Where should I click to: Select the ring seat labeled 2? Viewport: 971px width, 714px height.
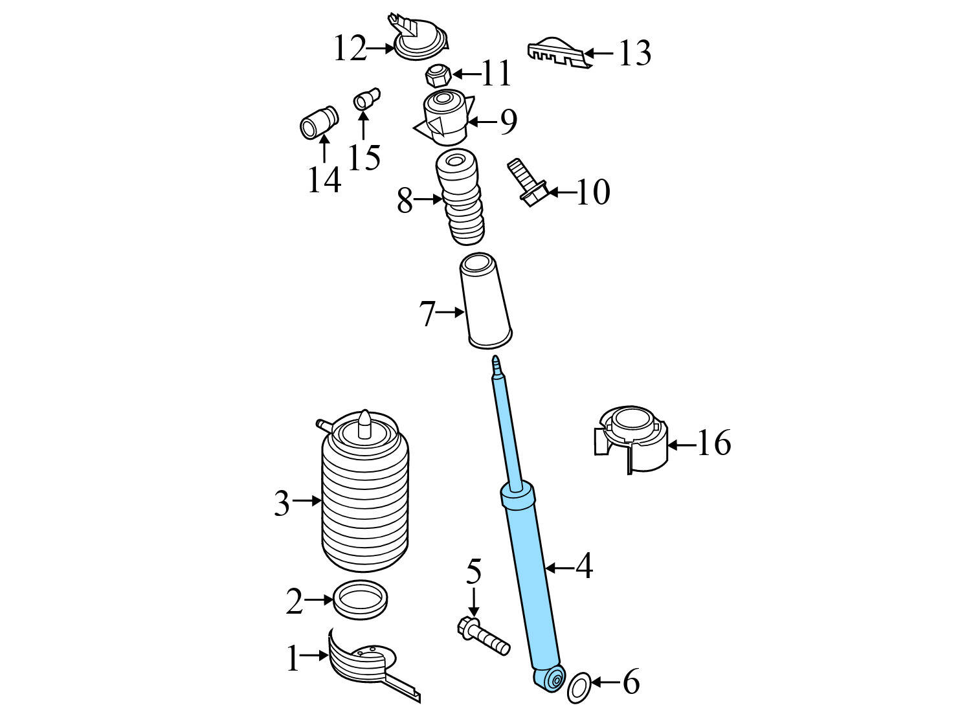coord(360,599)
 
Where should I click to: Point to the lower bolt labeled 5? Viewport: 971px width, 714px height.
coord(484,636)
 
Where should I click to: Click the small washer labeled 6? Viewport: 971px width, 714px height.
coord(579,687)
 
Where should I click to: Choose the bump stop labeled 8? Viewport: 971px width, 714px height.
coord(460,201)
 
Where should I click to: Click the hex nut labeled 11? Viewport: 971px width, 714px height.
coord(438,76)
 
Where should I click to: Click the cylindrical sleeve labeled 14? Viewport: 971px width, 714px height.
coord(319,122)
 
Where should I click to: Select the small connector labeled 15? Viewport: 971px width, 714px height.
coord(366,100)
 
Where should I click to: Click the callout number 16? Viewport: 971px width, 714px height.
coord(713,443)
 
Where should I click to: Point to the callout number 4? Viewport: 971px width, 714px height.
coord(584,566)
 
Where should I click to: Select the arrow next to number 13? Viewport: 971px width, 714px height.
coord(599,52)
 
